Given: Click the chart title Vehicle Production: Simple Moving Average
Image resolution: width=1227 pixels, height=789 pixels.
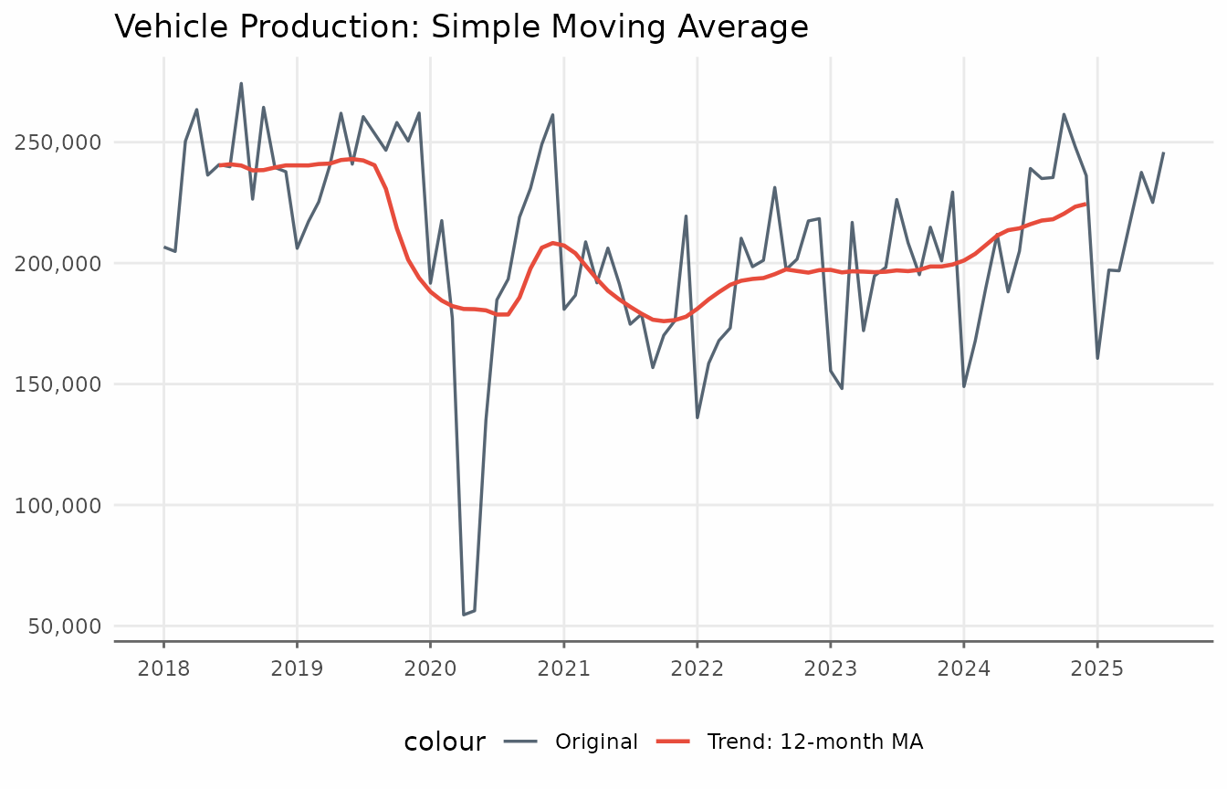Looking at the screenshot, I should pos(461,27).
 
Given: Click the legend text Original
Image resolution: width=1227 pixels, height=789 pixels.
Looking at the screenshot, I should pos(596,742).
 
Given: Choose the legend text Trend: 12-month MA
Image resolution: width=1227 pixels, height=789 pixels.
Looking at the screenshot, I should pos(814,742).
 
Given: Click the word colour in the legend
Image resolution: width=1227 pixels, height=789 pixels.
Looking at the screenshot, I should pos(445,742).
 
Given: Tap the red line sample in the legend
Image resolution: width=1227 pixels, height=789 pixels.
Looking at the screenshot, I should pos(676,742).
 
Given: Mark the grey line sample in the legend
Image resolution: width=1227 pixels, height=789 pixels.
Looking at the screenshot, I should pos(523,742).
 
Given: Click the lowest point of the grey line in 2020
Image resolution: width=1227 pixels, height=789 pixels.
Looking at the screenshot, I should pos(464,615).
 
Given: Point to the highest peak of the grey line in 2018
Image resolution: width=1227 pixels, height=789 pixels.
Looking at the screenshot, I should pos(241,83).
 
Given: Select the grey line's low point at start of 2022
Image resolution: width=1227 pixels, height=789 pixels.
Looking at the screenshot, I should pos(697,417).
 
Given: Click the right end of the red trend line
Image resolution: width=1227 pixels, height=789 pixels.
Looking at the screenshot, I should pos(1085,204).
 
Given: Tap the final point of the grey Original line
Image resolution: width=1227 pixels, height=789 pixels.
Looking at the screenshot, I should pos(1164,153).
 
